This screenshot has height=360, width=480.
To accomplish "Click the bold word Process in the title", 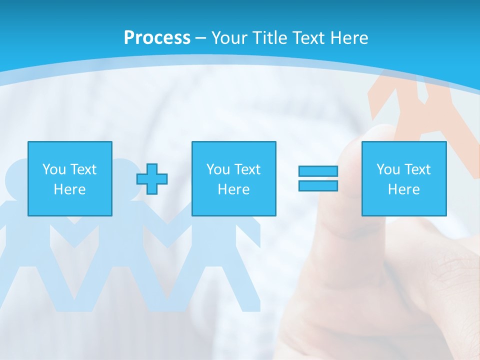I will click(157, 38).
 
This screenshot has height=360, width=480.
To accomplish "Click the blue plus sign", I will click(152, 179).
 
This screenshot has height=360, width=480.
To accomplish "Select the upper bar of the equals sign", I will click(318, 171).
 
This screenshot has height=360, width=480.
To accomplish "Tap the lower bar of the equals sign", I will click(318, 185).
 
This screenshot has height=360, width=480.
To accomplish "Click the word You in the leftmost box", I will click(54, 169).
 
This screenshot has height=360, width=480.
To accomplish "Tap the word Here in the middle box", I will click(234, 189).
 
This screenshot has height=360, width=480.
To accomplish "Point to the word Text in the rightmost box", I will click(417, 169).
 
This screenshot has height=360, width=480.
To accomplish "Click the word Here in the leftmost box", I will click(70, 189).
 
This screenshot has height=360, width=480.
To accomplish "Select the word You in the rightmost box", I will click(388, 169).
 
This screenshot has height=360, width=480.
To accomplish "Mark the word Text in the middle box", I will click(247, 169).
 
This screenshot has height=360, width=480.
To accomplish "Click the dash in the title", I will click(201, 38).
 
